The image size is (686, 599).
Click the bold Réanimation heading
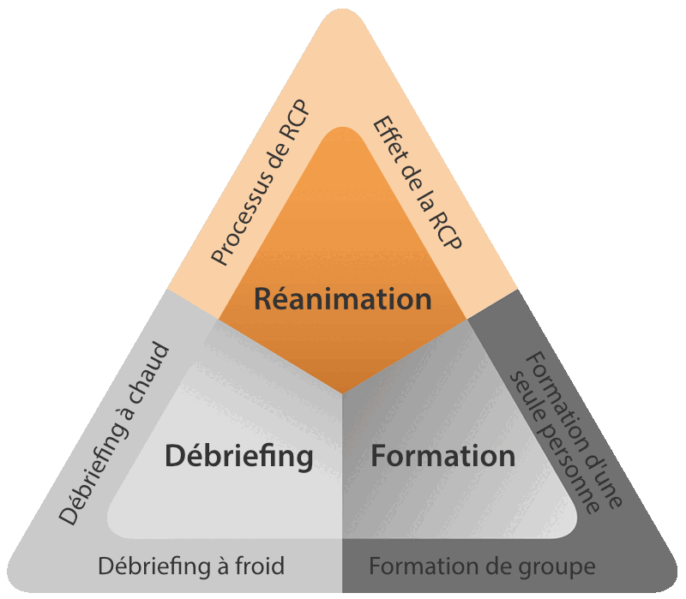pos(343,299)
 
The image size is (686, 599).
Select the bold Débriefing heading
pos(238,456)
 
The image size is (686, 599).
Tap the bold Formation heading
pos(442,456)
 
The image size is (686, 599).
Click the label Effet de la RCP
pos(418,183)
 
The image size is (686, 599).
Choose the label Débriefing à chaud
pos(115,434)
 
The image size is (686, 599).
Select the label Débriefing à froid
pos(191,566)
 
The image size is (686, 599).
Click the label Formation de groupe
pos(482,566)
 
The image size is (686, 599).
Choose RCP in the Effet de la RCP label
pos(447,229)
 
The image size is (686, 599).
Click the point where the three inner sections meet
pos(343,395)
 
